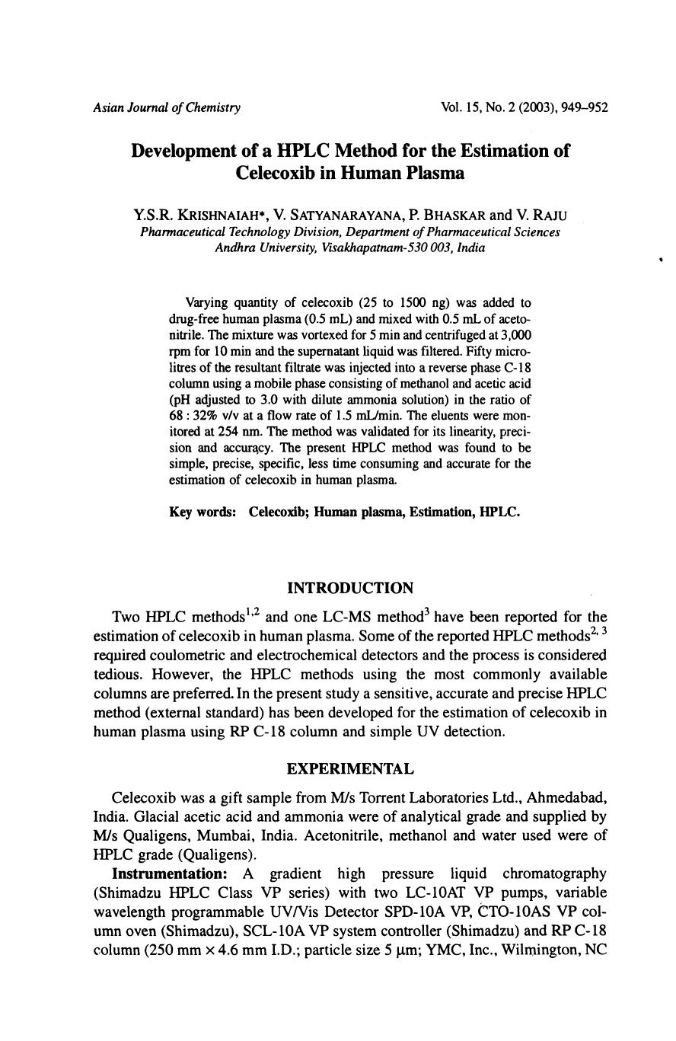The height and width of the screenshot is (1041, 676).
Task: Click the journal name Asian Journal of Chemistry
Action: (x=167, y=107)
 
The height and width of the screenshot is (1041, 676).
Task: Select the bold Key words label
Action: (x=202, y=512)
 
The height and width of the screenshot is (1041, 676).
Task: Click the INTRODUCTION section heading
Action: (x=350, y=588)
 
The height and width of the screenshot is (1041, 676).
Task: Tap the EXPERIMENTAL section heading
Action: (x=350, y=769)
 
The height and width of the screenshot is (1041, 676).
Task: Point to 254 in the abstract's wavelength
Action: (x=228, y=431)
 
